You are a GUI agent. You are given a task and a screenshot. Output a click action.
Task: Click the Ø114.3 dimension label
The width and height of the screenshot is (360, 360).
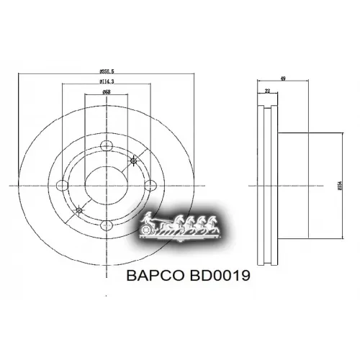pyautogui.click(x=109, y=82)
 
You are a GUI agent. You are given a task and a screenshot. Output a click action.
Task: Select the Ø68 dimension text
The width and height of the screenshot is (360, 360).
pyautogui.click(x=106, y=92)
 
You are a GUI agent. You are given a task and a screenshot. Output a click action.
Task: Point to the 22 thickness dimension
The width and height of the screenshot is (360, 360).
pyautogui.click(x=267, y=91)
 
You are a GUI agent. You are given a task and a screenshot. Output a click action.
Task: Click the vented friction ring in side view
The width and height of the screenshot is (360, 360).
pyautogui.click(x=267, y=185)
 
